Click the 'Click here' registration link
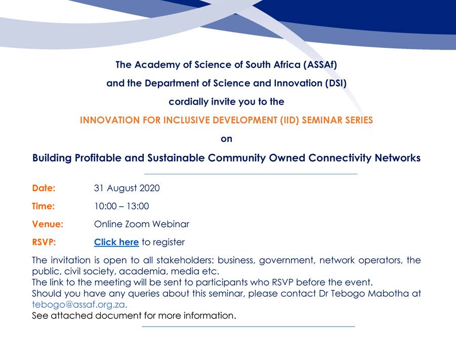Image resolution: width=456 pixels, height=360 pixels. click(116, 242)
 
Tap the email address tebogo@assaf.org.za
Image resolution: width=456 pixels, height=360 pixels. click(79, 304)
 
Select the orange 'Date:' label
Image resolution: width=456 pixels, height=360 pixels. click(44, 188)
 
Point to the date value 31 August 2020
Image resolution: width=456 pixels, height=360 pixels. click(127, 188)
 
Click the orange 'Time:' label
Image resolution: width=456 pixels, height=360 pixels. click(44, 206)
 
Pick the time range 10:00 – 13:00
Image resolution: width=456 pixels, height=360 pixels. click(121, 206)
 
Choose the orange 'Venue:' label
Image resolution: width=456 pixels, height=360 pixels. click(48, 224)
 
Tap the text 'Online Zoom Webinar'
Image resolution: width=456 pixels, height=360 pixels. click(142, 224)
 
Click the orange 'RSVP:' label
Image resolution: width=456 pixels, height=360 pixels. click(44, 242)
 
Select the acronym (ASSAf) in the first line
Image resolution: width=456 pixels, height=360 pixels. click(320, 65)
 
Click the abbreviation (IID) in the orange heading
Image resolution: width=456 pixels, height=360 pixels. click(289, 120)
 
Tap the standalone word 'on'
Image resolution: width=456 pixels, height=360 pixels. click(227, 139)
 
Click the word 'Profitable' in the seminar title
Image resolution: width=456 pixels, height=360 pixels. click(98, 158)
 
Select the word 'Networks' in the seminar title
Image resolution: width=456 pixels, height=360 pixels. click(398, 158)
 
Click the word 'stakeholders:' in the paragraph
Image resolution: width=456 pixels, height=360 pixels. click(185, 260)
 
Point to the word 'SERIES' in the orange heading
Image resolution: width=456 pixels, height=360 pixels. click(355, 120)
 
